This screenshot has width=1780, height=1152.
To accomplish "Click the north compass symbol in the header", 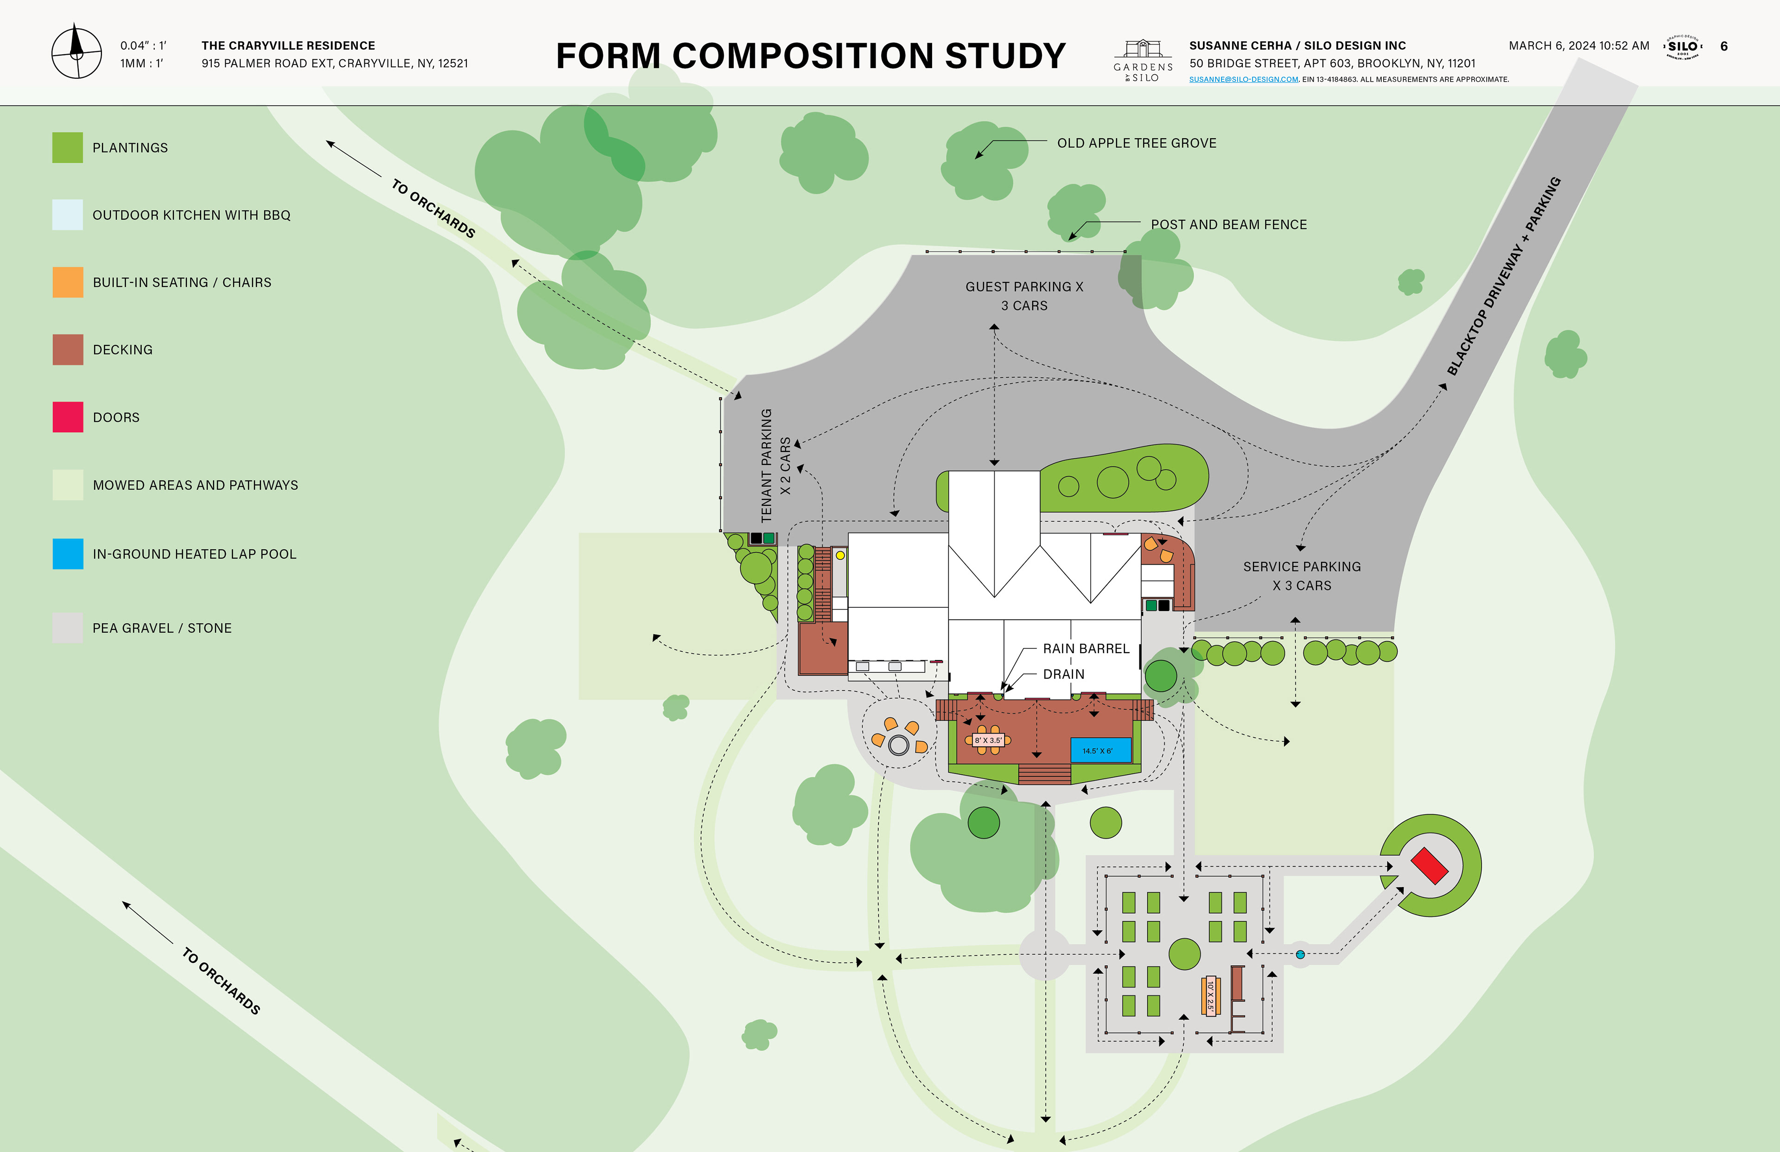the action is [x=76, y=52].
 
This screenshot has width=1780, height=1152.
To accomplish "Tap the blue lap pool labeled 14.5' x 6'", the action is [x=1100, y=750].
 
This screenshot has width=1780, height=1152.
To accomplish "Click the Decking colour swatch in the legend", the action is [x=67, y=350].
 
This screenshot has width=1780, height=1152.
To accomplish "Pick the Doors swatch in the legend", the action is [x=67, y=417].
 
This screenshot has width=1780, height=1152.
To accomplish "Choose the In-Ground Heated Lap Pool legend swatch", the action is [x=67, y=554].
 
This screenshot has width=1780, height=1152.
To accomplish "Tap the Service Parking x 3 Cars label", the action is [x=1301, y=576].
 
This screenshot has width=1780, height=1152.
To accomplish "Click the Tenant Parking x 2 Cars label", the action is [x=775, y=465].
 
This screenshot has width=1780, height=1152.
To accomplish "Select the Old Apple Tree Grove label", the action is [x=1136, y=143].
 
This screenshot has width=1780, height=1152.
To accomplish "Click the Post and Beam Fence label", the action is [x=1228, y=224].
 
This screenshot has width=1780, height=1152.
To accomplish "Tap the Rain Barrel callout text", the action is [x=1086, y=649].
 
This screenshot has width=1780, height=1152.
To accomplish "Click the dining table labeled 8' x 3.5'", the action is [x=988, y=740].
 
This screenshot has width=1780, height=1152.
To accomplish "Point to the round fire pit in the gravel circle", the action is [x=898, y=745].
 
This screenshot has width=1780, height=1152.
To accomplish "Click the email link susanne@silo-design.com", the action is [x=1243, y=79].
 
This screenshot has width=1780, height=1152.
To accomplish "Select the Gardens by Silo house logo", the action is [x=1143, y=60].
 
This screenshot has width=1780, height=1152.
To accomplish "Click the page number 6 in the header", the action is [x=1724, y=46].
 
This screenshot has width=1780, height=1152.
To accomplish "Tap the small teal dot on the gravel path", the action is [x=1300, y=955].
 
